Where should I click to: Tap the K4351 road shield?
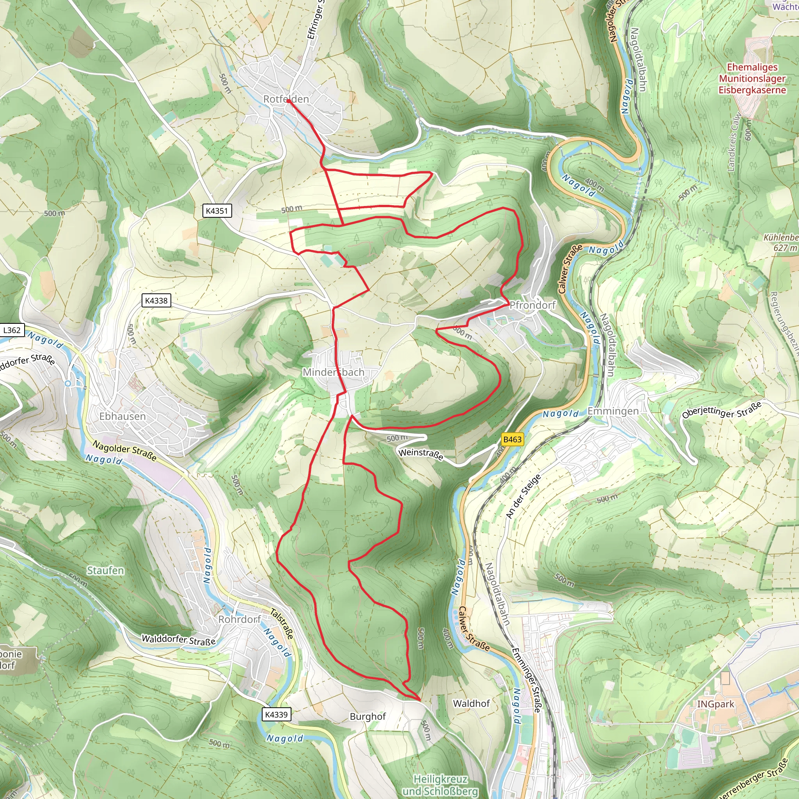tap(217, 211)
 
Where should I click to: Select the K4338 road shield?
tap(156, 301)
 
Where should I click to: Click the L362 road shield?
tap(12, 330)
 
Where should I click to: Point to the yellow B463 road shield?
tap(512, 439)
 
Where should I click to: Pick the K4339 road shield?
tap(276, 714)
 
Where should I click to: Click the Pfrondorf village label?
tap(532, 305)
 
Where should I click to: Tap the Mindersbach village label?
tap(333, 372)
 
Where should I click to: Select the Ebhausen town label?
tap(123, 416)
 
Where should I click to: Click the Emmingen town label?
tap(613, 411)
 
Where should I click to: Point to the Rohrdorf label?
tap(240, 619)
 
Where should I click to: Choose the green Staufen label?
tap(105, 570)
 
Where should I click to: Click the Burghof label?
tap(368, 716)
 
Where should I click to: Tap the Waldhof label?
tap(471, 703)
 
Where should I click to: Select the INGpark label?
tap(716, 704)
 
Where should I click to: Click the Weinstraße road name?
tap(421, 454)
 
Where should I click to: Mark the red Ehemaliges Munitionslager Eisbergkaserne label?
tap(752, 78)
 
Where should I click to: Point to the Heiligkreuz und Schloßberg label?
tap(440, 785)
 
